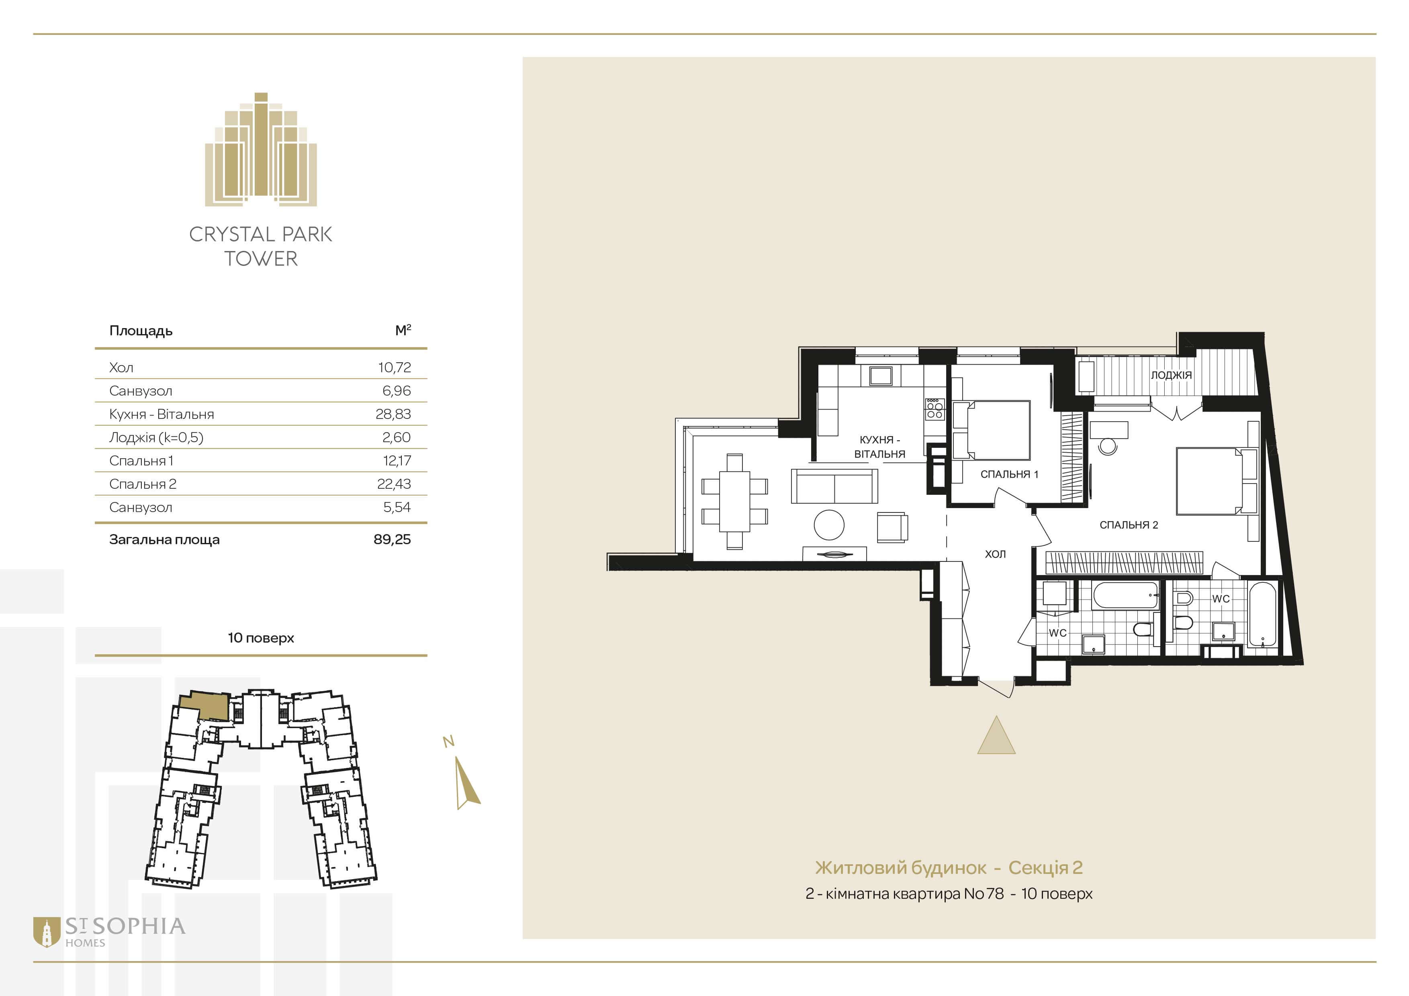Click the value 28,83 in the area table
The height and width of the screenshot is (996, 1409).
pos(393,414)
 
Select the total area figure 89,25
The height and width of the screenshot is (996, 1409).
pos(392,540)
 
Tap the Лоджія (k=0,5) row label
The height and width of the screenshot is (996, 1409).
pos(156,437)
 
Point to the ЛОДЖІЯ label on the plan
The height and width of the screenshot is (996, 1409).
pos(1171,375)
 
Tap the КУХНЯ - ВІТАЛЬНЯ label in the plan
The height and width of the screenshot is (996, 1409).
pos(879,447)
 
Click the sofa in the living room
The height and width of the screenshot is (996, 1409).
pos(834,486)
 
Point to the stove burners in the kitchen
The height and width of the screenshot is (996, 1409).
pos(934,410)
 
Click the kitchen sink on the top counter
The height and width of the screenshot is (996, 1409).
pos(881,376)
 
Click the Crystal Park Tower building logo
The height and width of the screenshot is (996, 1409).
pos(261,149)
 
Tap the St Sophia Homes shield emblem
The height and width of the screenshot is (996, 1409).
pos(47,932)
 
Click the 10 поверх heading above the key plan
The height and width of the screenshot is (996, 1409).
pos(261,638)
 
